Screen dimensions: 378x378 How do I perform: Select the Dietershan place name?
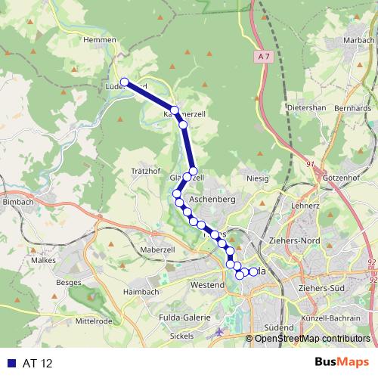pos(306,107)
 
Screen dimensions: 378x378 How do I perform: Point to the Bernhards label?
pos(352,108)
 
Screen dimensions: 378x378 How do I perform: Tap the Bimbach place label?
pos(18,202)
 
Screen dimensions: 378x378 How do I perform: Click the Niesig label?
pos(258,179)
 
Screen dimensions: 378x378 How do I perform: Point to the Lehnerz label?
pos(305,205)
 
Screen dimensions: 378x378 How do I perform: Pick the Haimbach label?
pos(141,291)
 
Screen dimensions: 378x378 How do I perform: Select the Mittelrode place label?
pos(94,320)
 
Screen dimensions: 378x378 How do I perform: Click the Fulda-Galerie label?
pos(184,318)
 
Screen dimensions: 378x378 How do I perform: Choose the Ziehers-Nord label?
pos(295,241)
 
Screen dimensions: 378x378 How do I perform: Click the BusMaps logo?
pos(342,362)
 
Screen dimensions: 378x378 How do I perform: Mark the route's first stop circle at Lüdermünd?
pos(125,83)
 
